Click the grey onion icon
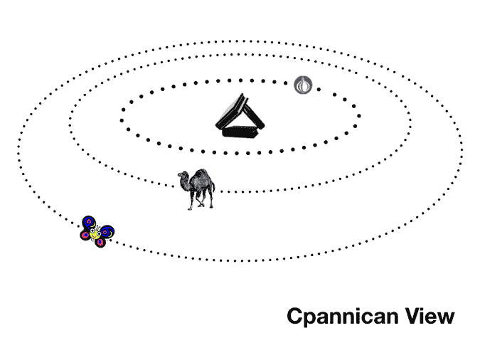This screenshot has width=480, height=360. coord(303,85)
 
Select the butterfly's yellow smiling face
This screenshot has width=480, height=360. coord(95,234)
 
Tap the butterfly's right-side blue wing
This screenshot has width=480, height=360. coord(107,232)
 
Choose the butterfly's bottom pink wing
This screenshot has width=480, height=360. coord(100,243)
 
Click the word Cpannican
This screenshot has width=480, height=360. coord(343,317)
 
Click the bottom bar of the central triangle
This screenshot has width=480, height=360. coord(240,132)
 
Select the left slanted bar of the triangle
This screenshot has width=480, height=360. coord(230,111)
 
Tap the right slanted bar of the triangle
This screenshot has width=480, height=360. coord(254,113)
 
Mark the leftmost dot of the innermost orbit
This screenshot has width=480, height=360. coord(122,120)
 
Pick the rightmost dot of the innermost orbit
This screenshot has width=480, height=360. coord(359,116)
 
